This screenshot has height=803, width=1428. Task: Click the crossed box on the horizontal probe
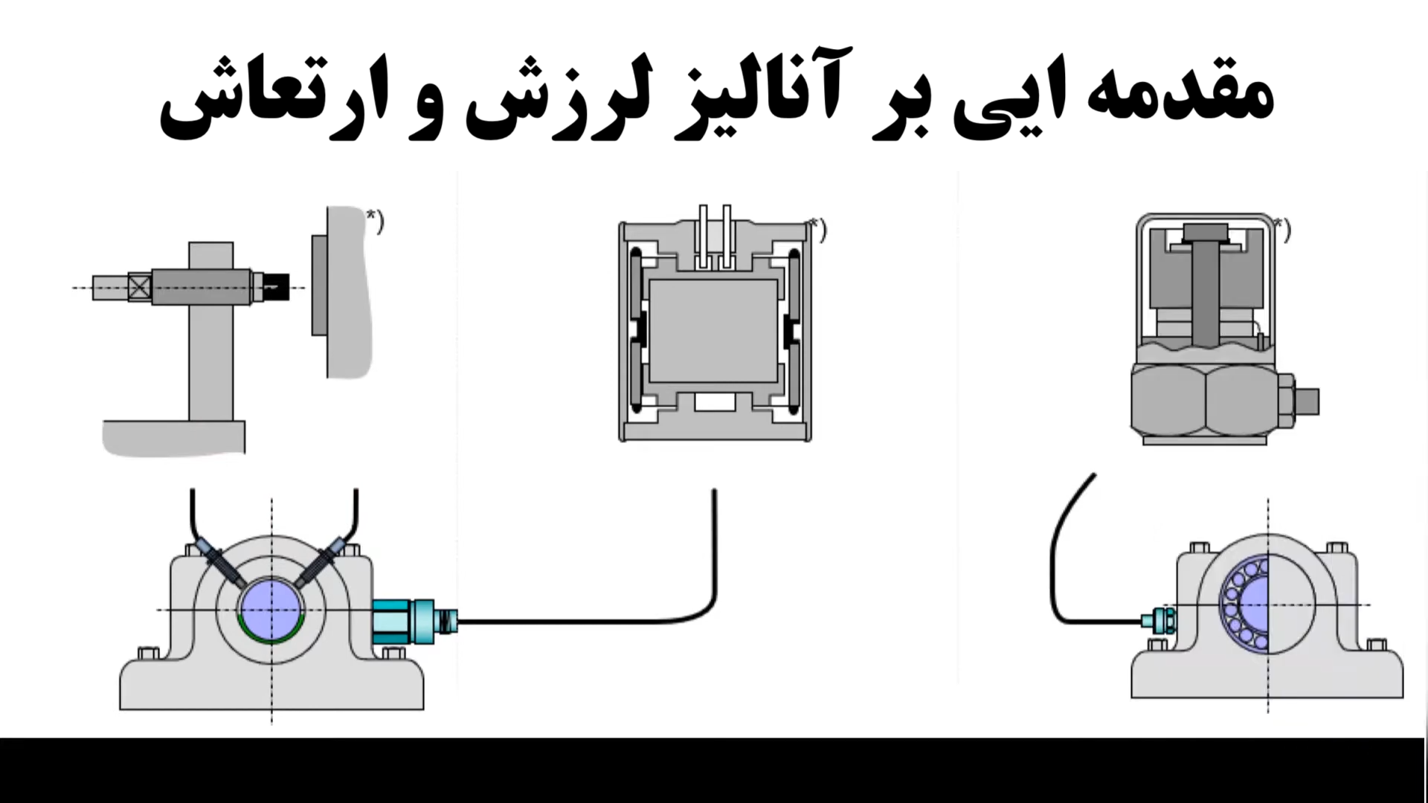click(x=139, y=287)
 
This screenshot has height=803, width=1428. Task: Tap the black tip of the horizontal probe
click(x=277, y=286)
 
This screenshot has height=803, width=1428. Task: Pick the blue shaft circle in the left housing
click(x=271, y=608)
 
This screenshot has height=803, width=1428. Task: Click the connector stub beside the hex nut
click(x=1307, y=401)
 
